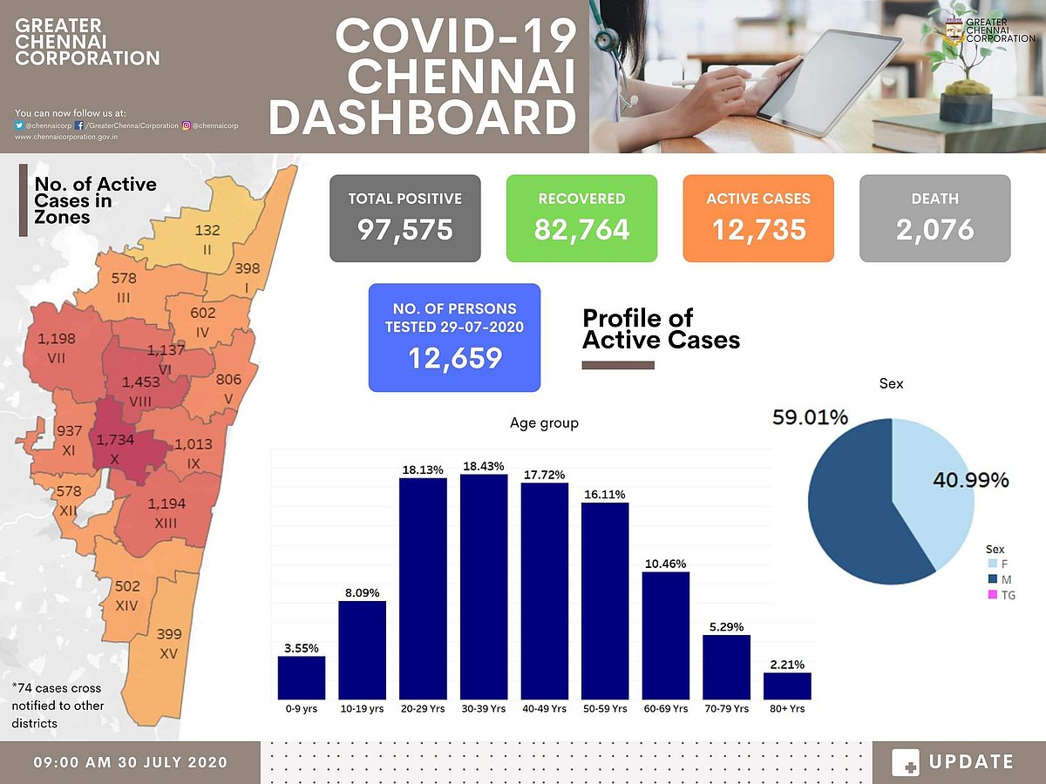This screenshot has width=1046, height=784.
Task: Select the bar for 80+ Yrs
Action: [x=787, y=686]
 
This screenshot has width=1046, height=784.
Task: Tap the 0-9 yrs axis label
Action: [x=301, y=709]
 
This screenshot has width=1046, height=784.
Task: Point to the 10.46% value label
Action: [x=665, y=564]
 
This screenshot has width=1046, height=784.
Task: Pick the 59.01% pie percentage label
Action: [x=810, y=418]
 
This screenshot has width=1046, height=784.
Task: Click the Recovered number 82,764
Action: [x=581, y=229]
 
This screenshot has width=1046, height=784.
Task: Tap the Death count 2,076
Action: [x=934, y=229]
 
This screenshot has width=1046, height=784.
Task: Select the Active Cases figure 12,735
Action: [x=758, y=229]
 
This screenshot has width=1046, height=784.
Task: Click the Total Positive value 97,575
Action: [x=405, y=229]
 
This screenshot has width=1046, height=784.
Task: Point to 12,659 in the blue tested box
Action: [x=454, y=358]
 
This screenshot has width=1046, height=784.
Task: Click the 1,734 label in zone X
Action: [x=116, y=441]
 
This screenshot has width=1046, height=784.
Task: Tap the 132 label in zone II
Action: [x=207, y=231]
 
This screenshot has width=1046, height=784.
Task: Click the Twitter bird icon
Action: [x=20, y=125]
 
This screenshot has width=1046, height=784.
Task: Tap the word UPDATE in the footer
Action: [x=971, y=762]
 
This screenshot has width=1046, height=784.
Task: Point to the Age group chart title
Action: [x=544, y=423]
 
